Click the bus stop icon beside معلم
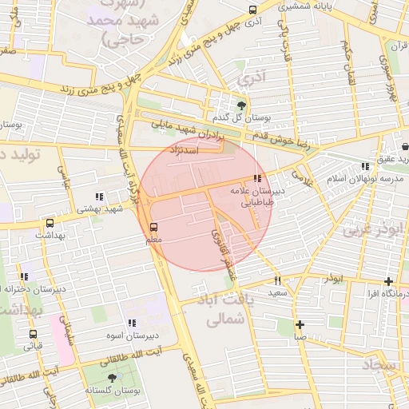coord(154,226)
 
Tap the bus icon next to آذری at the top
coord(253,10)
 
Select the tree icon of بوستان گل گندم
coord(242,104)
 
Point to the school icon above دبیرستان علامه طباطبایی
coord(256,179)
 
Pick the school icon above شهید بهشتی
coord(99,197)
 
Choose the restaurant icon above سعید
coord(278,280)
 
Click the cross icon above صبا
coord(300,324)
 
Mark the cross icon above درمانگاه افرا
coord(388,281)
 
